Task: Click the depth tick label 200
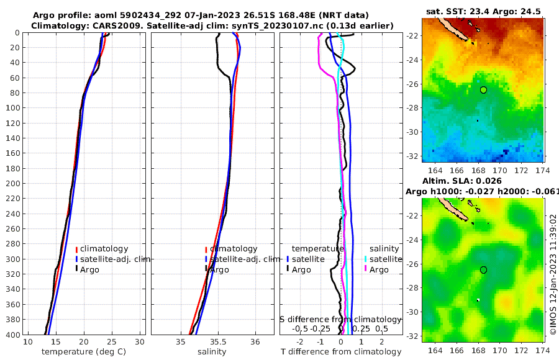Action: [x=12, y=183]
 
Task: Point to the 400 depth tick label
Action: [x=12, y=335]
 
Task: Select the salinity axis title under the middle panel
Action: [x=212, y=352]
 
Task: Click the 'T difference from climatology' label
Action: [x=341, y=352]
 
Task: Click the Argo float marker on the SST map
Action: [x=483, y=90]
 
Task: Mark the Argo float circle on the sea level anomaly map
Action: [x=483, y=269]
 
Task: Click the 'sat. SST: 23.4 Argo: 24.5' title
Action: [x=483, y=11]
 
